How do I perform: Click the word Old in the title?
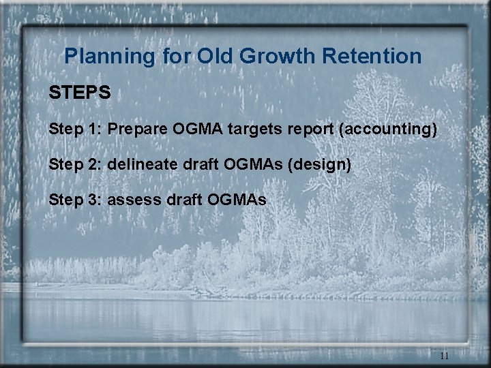click(215, 56)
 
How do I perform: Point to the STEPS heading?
click(80, 93)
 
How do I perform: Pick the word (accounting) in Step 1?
click(387, 129)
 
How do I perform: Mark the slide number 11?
click(445, 356)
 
